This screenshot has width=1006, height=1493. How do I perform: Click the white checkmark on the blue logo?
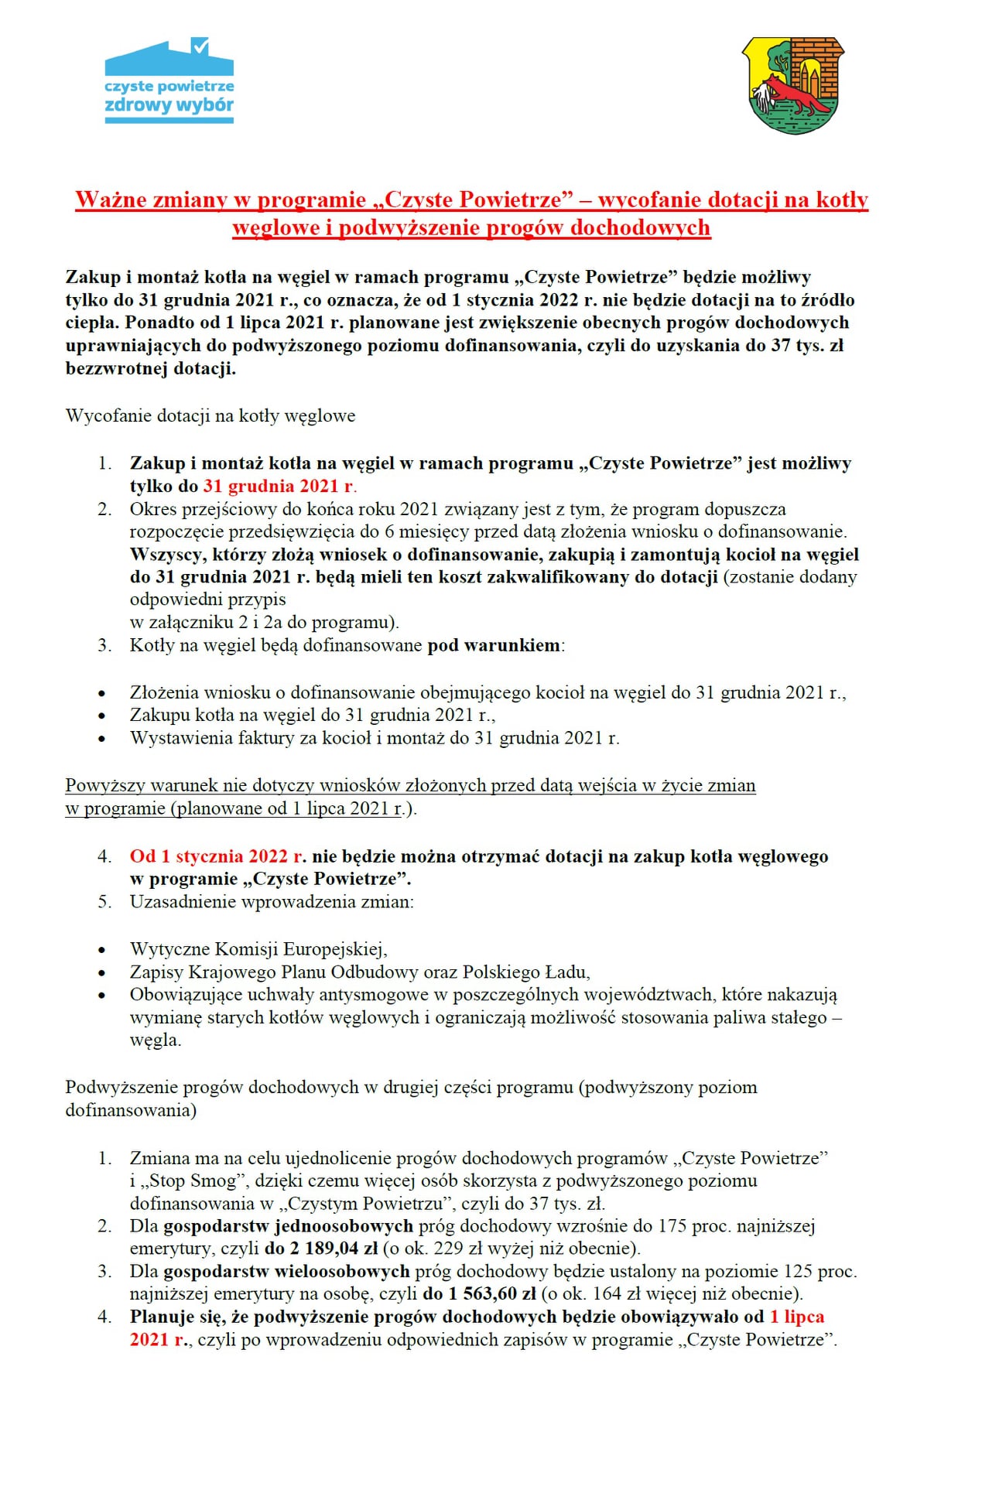(x=200, y=47)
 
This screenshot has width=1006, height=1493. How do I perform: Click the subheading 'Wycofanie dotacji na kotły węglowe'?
(x=210, y=415)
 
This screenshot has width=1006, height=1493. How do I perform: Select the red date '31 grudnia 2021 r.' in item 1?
(x=279, y=486)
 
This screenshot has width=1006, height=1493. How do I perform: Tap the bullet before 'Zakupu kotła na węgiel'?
(x=101, y=716)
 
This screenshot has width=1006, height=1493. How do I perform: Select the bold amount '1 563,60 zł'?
(x=491, y=1293)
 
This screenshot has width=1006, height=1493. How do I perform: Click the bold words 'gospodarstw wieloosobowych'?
(x=286, y=1271)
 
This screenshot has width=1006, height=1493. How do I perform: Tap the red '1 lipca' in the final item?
(x=797, y=1317)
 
